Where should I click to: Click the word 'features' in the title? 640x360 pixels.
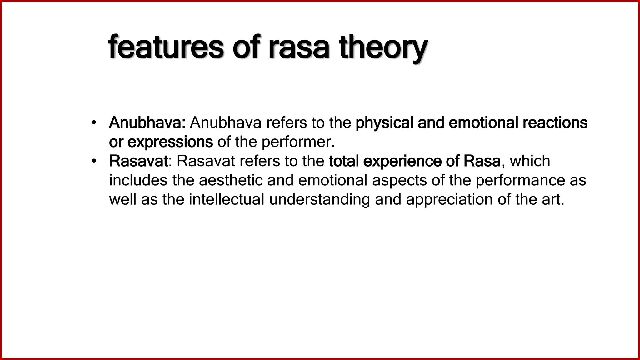point(166,48)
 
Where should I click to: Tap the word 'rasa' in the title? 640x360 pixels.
point(299,48)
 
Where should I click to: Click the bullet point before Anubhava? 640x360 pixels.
point(93,122)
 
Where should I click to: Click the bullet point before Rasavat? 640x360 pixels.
point(93,161)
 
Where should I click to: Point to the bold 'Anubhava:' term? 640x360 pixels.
point(147,122)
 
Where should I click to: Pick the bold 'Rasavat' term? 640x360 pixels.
point(138,161)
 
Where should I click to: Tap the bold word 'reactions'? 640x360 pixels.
point(555,122)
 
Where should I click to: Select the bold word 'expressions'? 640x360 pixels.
point(170,142)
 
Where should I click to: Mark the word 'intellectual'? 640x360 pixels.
point(227,200)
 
